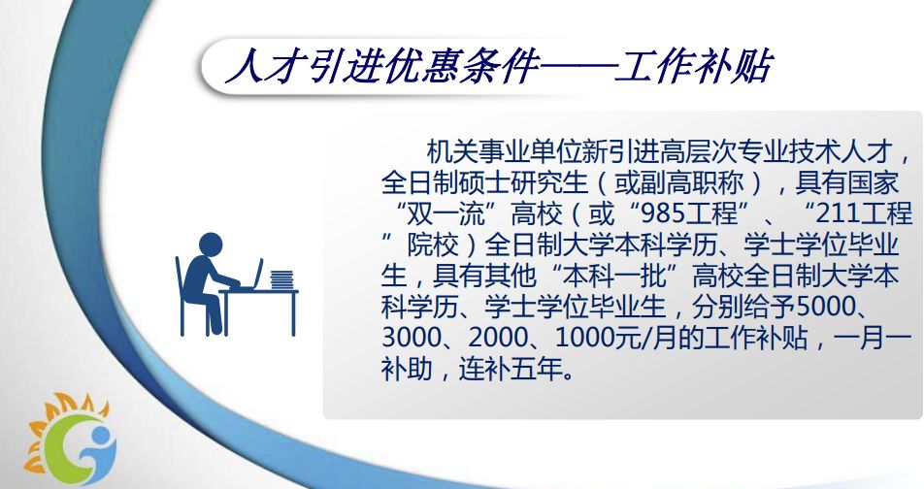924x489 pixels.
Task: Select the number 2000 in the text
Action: pos(497,339)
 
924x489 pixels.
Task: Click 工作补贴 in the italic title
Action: pos(693,66)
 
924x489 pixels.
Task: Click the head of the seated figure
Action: pos(211,244)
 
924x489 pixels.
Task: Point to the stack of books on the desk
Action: pos(281,279)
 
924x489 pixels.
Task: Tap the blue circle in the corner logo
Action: pos(102,438)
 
